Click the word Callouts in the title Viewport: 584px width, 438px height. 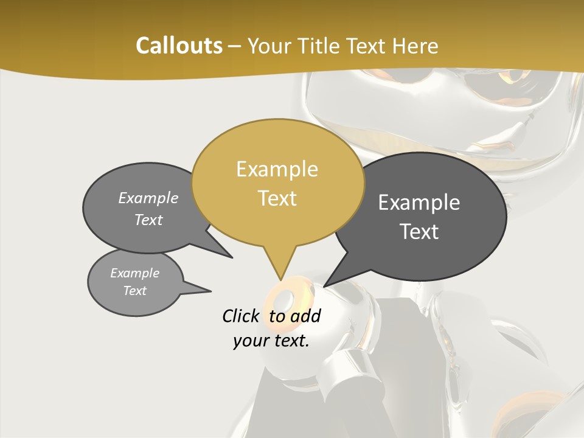(x=179, y=46)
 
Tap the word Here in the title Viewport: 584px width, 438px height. (x=415, y=46)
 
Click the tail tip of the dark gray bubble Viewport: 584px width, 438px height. (x=325, y=286)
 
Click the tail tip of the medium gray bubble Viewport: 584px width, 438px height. (x=232, y=257)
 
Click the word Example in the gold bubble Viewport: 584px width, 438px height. (x=277, y=169)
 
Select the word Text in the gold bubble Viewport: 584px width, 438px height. (x=277, y=198)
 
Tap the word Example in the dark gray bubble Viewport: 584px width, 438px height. (x=419, y=203)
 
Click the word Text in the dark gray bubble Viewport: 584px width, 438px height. (x=419, y=232)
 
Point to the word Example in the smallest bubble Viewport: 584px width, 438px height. (x=134, y=273)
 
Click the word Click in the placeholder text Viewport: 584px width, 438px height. (x=243, y=316)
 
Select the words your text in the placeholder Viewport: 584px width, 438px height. (x=271, y=341)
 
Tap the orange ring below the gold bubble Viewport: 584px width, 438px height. (x=283, y=299)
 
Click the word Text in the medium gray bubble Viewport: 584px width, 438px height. (x=148, y=220)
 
